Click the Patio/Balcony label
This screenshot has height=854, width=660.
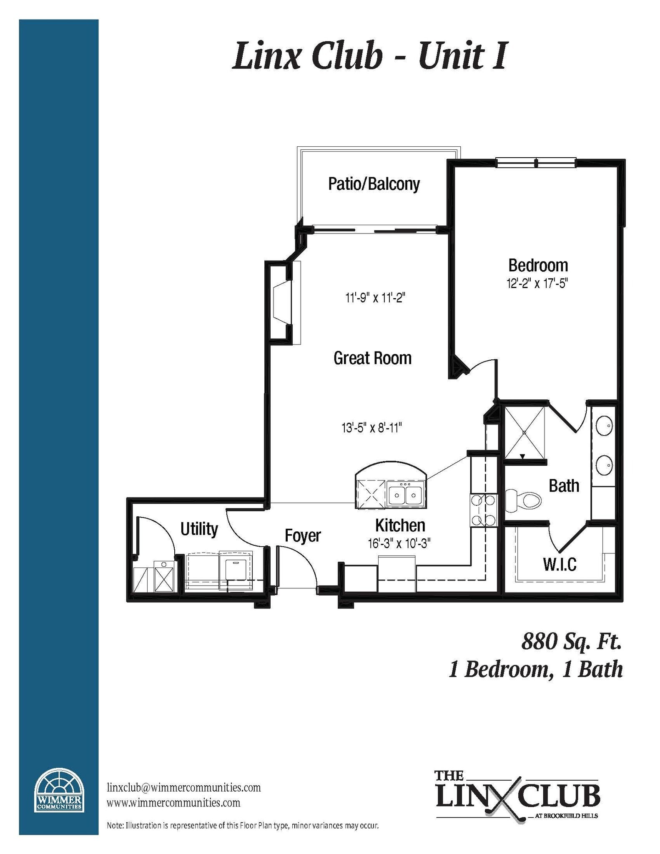coord(374,184)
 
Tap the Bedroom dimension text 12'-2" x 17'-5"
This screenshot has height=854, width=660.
coord(537,284)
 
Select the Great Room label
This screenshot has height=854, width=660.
coord(372,358)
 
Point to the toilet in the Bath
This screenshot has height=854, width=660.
coord(523,500)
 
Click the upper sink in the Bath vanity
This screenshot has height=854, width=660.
coord(604,426)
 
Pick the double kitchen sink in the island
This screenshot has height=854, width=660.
coord(405,495)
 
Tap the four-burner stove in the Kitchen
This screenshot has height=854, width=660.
coord(483,510)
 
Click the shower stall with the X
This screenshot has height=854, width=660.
coord(524,432)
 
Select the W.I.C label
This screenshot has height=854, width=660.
coord(560,564)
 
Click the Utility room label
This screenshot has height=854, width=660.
coord(199,529)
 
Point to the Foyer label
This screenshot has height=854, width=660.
coord(303,536)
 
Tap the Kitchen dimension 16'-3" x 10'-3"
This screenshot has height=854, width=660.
coord(399,544)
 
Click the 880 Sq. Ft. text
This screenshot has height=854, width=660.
coord(571,641)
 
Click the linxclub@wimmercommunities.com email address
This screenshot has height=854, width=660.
coord(184,787)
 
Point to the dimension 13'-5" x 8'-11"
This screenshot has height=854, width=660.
coord(371,428)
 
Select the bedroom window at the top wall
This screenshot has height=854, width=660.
coord(536,163)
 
